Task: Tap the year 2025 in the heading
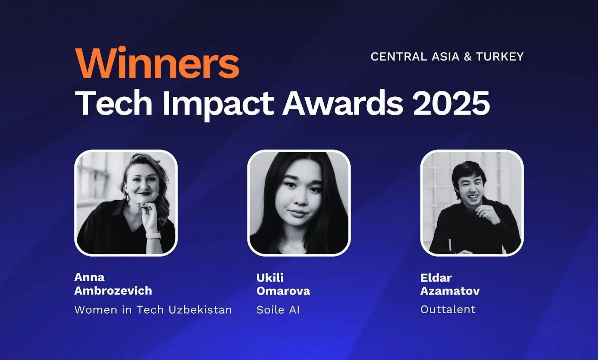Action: [x=451, y=103]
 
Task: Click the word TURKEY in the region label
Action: [x=499, y=56]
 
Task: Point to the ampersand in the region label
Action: [x=468, y=56]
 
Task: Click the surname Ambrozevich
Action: [x=113, y=291]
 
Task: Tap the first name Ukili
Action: [x=270, y=277]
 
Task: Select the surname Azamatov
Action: [x=450, y=291]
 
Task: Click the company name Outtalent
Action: [x=448, y=309]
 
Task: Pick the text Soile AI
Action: [x=278, y=310]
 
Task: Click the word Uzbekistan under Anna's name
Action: [x=200, y=310]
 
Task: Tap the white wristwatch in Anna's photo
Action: [x=153, y=236]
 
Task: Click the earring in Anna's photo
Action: [x=127, y=197]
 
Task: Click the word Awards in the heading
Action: [x=343, y=103]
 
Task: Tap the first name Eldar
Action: [x=436, y=277]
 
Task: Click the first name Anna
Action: [x=89, y=277]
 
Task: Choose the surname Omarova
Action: [x=283, y=291]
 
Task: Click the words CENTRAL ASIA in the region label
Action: [x=415, y=56]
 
